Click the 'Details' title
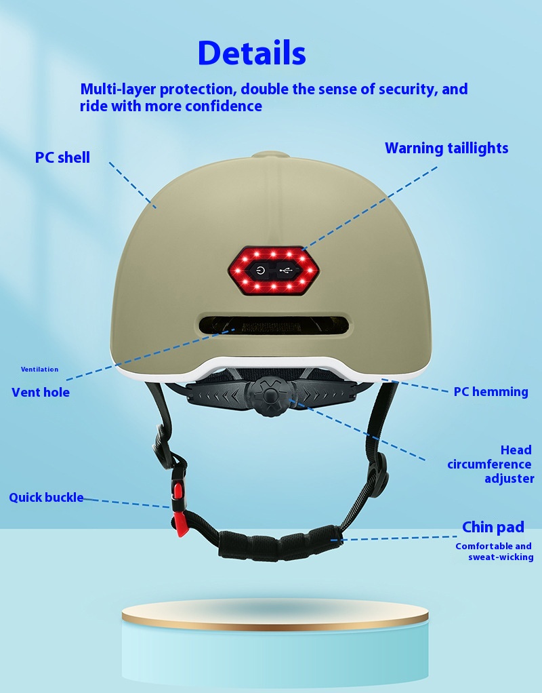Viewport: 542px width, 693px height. [x=252, y=53]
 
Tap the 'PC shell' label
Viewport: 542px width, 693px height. [x=62, y=157]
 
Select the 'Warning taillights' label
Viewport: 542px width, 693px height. [x=446, y=148]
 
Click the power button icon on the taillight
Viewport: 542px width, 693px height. [x=261, y=270]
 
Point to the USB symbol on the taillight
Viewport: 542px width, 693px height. [x=286, y=270]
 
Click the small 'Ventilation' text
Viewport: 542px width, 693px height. [x=39, y=370]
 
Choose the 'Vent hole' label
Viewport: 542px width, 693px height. [x=41, y=393]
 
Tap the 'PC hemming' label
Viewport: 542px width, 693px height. [x=491, y=392]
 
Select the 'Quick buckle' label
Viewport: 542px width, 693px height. [x=46, y=498]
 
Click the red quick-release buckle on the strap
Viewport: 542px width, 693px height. [x=179, y=509]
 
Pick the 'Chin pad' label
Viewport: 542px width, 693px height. [x=493, y=527]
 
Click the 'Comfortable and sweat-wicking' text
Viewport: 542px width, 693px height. [x=495, y=551]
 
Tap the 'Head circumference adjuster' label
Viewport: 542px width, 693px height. [x=491, y=464]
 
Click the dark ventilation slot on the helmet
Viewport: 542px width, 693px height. [x=274, y=325]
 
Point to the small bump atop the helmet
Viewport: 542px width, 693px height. [x=271, y=155]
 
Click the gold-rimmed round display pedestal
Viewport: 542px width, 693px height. [x=275, y=641]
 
